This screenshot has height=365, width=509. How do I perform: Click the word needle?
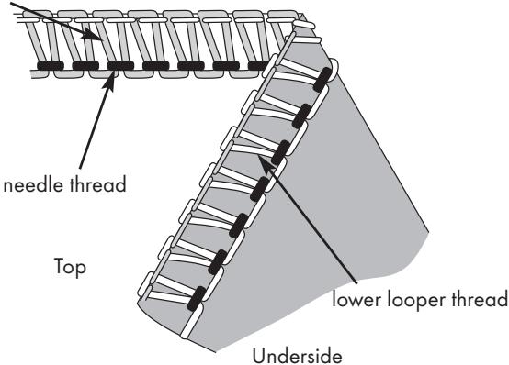[32, 184]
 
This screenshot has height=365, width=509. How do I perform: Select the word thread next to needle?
[97, 184]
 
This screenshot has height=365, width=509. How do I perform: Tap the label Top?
[70, 268]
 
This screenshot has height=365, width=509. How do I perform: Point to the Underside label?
[297, 356]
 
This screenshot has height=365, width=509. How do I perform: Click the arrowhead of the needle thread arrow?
[109, 80]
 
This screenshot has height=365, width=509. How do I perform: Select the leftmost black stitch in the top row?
[51, 65]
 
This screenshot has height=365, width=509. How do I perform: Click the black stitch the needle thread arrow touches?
[120, 65]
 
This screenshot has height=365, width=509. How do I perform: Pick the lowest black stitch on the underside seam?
[197, 299]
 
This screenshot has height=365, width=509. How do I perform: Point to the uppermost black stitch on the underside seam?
[323, 80]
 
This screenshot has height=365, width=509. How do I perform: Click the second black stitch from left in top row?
[85, 65]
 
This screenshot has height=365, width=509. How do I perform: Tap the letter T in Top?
[60, 266]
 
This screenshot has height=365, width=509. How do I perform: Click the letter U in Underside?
[259, 356]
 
